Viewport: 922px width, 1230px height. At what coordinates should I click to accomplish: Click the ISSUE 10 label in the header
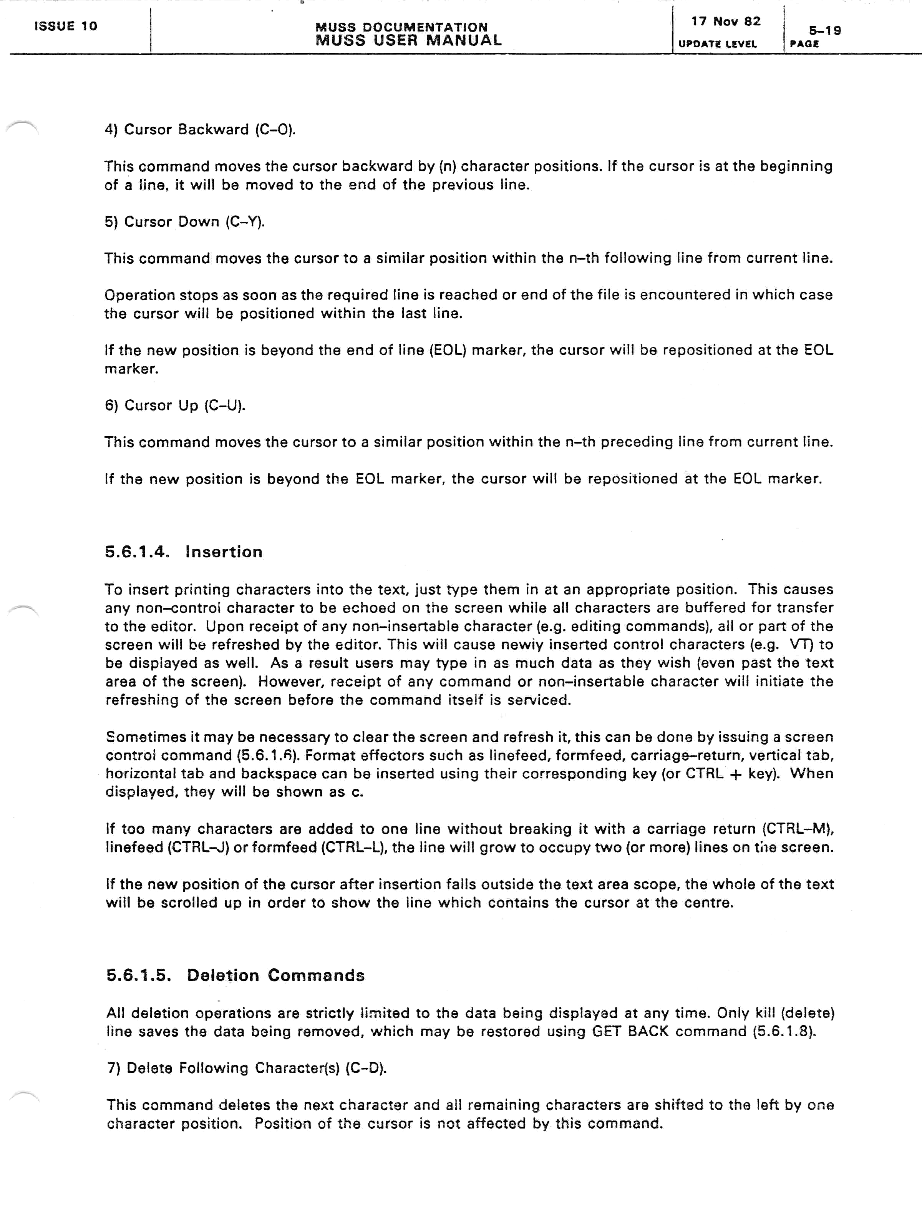[66, 26]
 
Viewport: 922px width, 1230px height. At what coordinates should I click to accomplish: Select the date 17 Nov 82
[725, 22]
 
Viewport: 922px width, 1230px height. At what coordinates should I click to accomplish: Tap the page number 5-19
[825, 31]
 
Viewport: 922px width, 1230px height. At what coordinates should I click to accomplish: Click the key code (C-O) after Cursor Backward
[275, 130]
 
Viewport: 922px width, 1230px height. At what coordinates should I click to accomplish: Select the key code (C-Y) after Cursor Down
[245, 222]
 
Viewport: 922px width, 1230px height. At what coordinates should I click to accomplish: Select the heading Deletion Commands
[276, 975]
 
